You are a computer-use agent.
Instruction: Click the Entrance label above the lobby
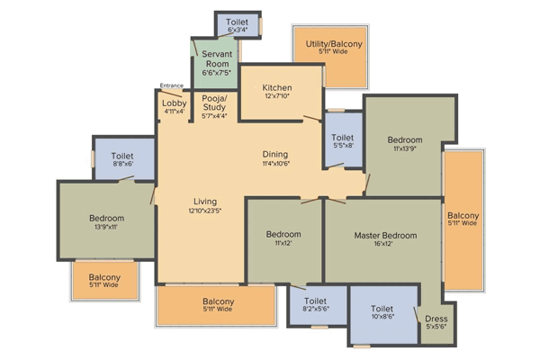click(x=172, y=85)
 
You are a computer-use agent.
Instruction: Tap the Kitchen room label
click(x=277, y=87)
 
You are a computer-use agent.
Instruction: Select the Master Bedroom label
click(x=385, y=236)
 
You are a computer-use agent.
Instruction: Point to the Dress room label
click(x=436, y=319)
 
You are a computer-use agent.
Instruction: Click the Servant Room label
click(x=217, y=58)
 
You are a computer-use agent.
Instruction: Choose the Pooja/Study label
click(x=214, y=103)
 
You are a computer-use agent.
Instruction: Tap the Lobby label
click(x=175, y=103)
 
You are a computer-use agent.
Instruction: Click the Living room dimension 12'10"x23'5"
click(x=205, y=211)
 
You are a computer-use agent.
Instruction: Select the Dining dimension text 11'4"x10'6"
click(x=275, y=164)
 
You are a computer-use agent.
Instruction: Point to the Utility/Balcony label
click(x=334, y=44)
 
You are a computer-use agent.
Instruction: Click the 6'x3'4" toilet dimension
click(x=238, y=30)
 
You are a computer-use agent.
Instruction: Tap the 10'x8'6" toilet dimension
click(x=382, y=317)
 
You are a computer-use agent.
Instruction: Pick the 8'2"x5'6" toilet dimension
click(x=316, y=309)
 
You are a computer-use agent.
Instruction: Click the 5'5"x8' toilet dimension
click(x=343, y=146)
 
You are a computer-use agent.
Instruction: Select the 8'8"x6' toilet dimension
click(x=123, y=164)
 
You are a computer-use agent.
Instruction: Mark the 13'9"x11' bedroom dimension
click(x=106, y=227)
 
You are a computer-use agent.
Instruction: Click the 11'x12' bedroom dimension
click(x=283, y=243)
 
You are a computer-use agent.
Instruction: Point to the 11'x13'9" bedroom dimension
click(x=405, y=148)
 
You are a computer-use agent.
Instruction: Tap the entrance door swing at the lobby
click(x=171, y=94)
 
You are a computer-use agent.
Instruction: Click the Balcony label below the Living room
click(x=219, y=301)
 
